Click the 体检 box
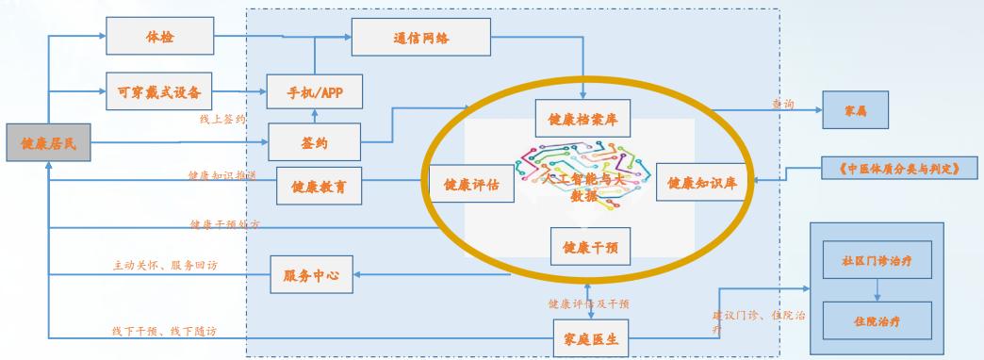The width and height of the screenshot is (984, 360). tap(161, 36)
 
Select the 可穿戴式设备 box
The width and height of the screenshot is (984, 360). tap(161, 90)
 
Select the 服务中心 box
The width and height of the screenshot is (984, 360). tap(310, 276)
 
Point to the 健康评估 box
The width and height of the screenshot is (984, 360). tap(471, 184)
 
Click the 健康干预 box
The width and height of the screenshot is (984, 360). tap(589, 247)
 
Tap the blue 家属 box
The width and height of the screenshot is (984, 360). tap(856, 111)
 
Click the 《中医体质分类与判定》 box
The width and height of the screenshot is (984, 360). tap(896, 169)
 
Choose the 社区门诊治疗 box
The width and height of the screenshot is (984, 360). tap(877, 256)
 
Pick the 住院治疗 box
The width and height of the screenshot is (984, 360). tap(877, 320)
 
